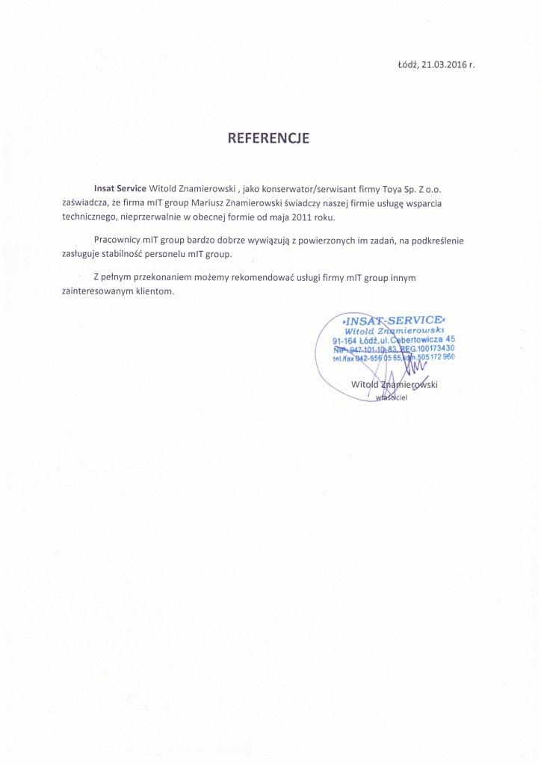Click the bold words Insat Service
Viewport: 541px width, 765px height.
click(x=120, y=189)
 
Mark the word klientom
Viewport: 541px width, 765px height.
click(x=155, y=291)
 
